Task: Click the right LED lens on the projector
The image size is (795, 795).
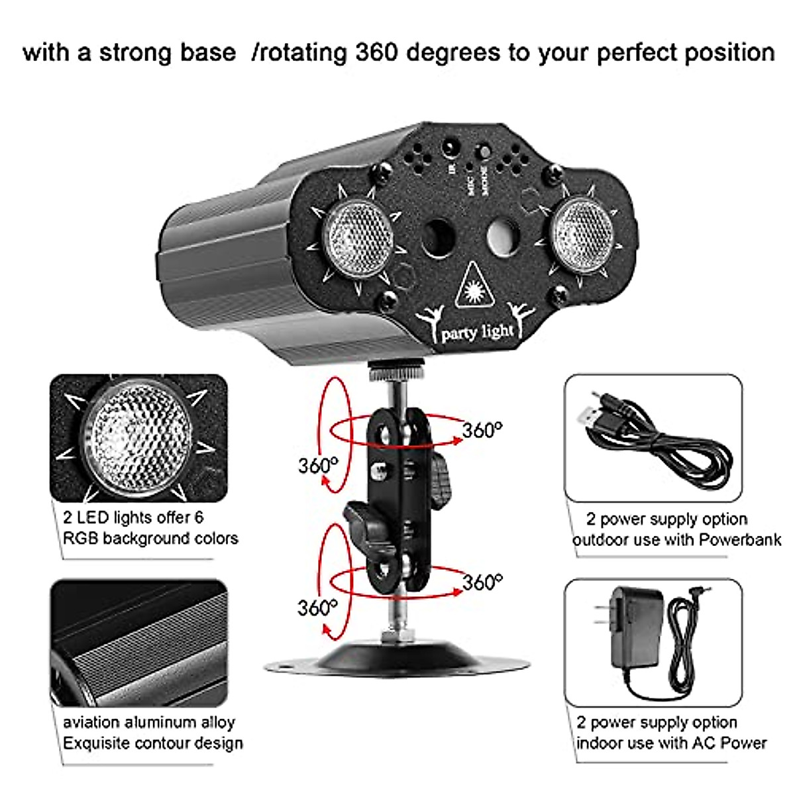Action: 583,229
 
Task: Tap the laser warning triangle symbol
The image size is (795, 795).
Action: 476,286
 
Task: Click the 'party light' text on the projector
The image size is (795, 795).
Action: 477,331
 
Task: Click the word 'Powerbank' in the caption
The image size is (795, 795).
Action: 741,539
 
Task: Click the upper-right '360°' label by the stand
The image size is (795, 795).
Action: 482,430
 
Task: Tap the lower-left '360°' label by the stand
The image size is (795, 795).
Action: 317,607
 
